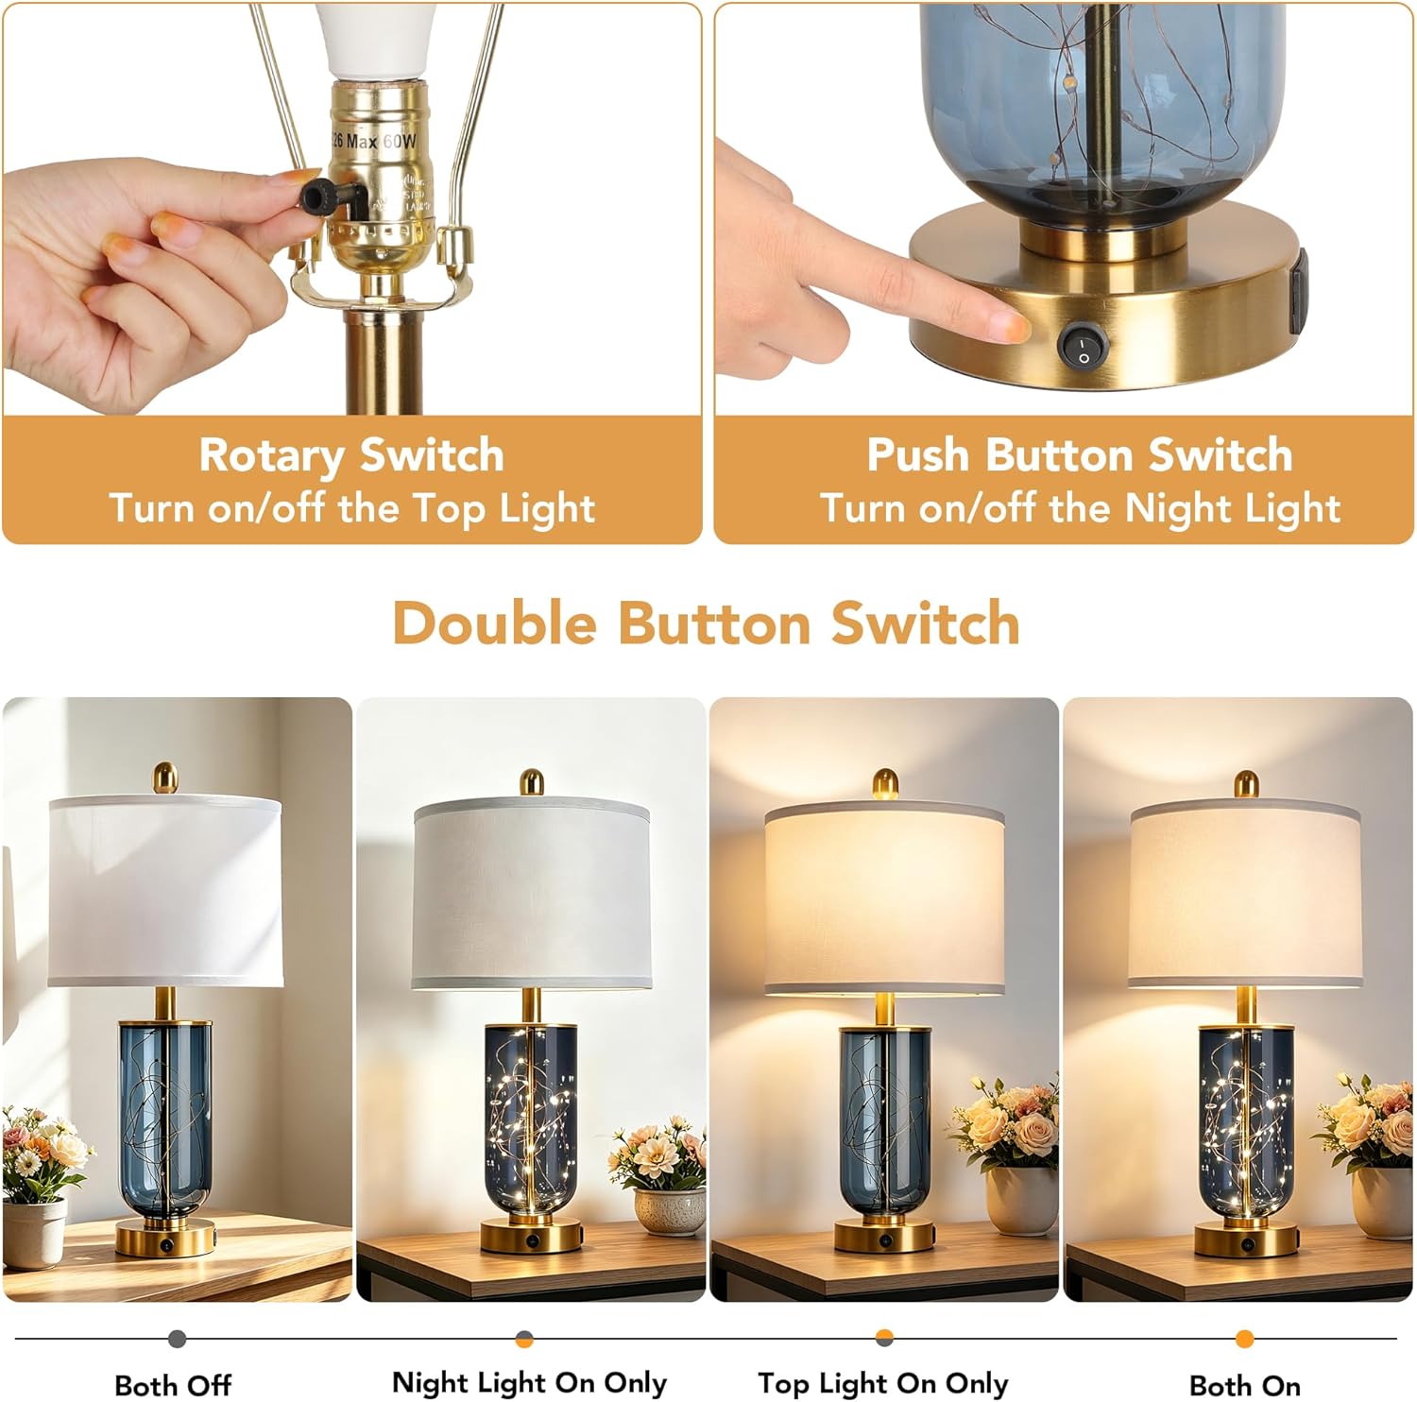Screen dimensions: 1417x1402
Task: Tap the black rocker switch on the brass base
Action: (x=1079, y=346)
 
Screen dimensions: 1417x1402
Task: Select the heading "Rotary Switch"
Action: (x=351, y=455)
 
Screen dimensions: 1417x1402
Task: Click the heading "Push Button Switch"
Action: (x=1080, y=454)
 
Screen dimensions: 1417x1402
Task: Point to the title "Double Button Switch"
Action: (x=707, y=624)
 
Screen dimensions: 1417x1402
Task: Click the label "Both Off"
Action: (x=173, y=1385)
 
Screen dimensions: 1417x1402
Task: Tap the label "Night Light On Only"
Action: (x=529, y=1383)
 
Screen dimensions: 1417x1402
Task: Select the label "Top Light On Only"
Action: (x=882, y=1384)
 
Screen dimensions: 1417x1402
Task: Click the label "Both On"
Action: (x=1245, y=1385)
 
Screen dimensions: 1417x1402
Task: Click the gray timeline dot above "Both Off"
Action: (x=177, y=1339)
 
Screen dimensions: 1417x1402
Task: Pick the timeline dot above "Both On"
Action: (x=1245, y=1339)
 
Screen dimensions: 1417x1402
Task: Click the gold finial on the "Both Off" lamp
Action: (x=166, y=778)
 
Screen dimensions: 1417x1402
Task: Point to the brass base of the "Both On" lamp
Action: (x=1245, y=1239)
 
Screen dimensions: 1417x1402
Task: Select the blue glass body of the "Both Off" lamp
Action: (x=164, y=1119)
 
